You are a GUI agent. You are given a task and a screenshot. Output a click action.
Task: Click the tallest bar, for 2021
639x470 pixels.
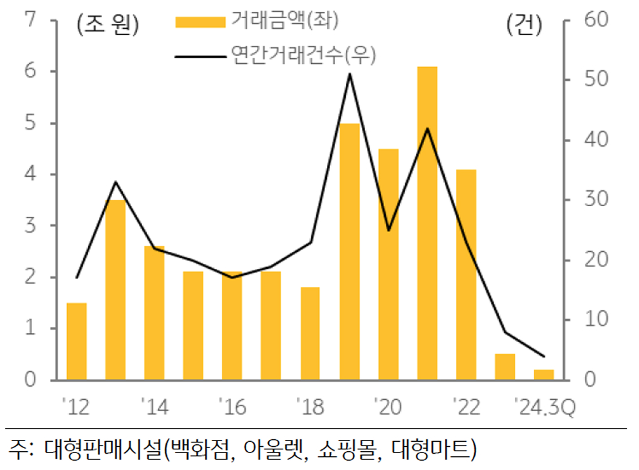tap(427, 223)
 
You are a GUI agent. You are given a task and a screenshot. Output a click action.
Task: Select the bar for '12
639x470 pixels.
tap(76, 342)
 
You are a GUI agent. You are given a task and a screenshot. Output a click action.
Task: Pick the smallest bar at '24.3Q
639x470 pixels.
tap(544, 375)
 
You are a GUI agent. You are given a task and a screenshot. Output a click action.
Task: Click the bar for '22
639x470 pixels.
tap(466, 274)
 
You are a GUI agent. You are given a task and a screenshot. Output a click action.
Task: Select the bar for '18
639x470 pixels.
tap(310, 333)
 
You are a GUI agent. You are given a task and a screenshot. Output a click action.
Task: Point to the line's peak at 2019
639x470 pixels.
tap(350, 74)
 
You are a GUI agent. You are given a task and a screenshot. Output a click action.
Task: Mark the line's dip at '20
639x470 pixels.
tap(388, 230)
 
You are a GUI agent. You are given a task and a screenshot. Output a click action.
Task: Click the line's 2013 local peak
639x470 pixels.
tap(115, 182)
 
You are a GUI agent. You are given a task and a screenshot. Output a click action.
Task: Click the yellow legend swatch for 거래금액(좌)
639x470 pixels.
tap(199, 23)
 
